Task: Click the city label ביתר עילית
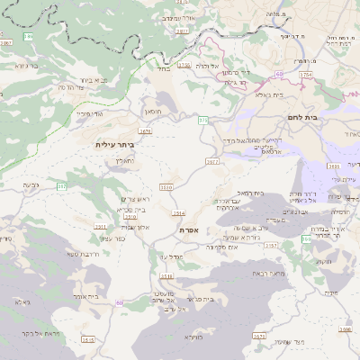point(113,144)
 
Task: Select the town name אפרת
point(188,231)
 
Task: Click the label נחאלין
point(125,160)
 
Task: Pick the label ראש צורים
point(134,198)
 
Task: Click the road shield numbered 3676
point(145,131)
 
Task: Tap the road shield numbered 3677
point(212,162)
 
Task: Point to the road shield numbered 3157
point(270,244)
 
